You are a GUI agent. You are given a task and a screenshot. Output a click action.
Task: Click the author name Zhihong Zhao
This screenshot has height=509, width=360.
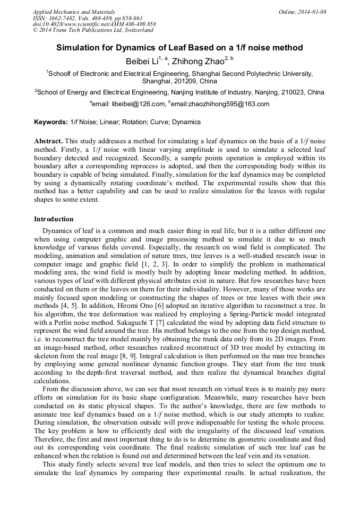tap(199, 62)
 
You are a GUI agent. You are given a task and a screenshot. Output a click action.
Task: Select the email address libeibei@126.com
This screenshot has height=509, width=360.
tap(138, 104)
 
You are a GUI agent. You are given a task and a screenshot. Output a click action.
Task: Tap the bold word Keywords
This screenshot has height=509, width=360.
tap(51, 122)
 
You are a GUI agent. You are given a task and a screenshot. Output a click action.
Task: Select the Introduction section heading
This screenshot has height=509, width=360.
tap(54, 219)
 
